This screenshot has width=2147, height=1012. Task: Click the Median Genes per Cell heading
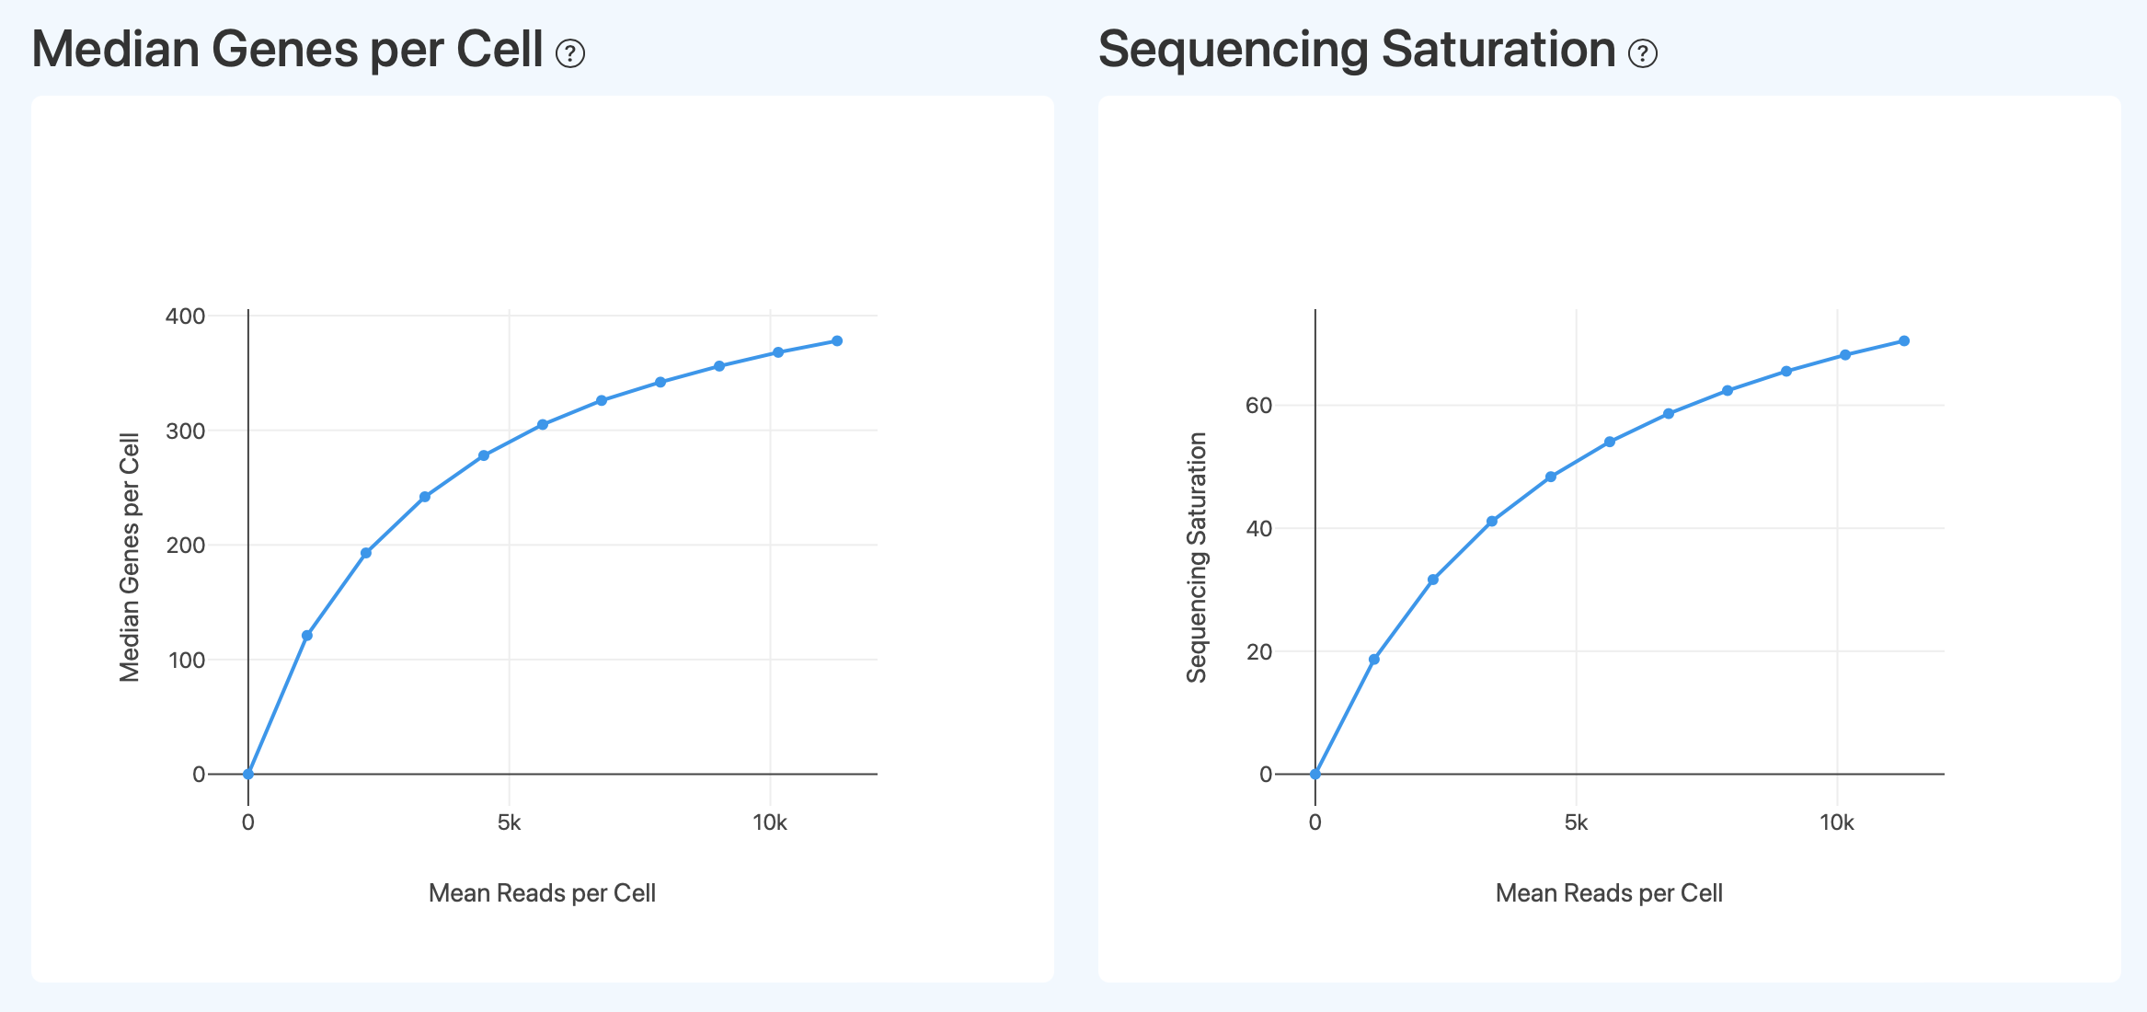point(287,50)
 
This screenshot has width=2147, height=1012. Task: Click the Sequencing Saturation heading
point(1356,50)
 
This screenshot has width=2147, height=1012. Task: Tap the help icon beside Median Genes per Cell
point(570,54)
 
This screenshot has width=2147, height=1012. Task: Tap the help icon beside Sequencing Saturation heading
point(1642,54)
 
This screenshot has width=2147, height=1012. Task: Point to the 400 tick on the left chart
point(185,316)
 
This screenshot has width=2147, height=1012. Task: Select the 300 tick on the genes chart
point(185,431)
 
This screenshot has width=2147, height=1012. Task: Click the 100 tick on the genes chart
point(187,660)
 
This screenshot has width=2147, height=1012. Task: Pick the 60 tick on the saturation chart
point(1257,406)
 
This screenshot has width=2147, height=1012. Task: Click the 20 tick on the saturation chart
point(1257,651)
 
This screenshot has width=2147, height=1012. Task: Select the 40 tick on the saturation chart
point(1257,529)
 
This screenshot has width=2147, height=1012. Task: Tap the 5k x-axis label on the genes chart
point(509,822)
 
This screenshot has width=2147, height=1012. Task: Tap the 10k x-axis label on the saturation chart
point(1836,822)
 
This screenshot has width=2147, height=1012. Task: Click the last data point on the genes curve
point(837,341)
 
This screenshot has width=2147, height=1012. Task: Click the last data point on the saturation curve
point(1904,341)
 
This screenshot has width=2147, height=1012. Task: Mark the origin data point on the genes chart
point(248,774)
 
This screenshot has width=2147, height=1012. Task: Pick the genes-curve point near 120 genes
point(307,636)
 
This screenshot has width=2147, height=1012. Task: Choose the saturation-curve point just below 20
point(1374,660)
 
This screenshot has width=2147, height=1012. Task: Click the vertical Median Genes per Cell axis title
point(130,558)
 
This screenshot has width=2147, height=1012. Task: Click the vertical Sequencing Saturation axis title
point(1196,558)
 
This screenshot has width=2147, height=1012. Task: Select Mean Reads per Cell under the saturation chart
point(1609,893)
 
